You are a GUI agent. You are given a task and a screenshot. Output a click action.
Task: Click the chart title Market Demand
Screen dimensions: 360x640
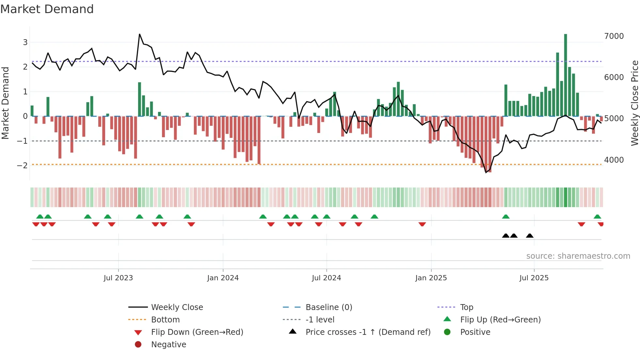[47, 9]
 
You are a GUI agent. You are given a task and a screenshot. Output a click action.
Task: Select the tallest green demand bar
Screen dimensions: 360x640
[566, 75]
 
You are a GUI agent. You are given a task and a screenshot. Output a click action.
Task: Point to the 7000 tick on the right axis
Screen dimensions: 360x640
[614, 36]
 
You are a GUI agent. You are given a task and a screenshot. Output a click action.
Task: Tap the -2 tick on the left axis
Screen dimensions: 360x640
[23, 166]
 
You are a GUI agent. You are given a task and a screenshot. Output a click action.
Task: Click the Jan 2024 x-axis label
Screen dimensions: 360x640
[223, 278]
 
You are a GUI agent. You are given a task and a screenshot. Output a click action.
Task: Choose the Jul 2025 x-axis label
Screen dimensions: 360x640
[534, 278]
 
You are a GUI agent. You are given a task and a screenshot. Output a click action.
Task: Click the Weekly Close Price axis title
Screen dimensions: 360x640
[634, 103]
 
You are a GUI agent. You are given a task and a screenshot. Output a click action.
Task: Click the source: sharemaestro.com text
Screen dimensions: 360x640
[578, 256]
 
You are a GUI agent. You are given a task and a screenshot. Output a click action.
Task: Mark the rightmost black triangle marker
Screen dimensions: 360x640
[530, 236]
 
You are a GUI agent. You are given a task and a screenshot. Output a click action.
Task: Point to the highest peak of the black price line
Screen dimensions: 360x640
[140, 34]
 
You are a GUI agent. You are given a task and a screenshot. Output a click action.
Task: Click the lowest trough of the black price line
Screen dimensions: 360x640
[486, 172]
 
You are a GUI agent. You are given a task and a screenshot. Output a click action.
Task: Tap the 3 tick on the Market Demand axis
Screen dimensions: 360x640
[25, 42]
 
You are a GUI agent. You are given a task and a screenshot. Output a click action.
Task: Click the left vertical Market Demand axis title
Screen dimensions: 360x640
[5, 103]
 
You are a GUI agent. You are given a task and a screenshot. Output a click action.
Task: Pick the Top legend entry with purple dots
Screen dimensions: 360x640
[466, 307]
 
